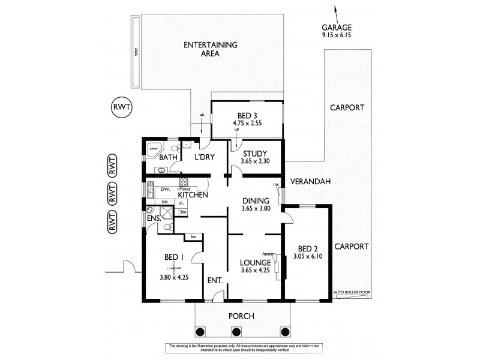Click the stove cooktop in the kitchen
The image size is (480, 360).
click(x=184, y=182)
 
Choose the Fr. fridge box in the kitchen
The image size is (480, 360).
click(x=181, y=204)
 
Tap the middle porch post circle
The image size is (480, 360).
click(x=236, y=331)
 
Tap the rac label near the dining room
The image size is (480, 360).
click(x=276, y=185)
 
